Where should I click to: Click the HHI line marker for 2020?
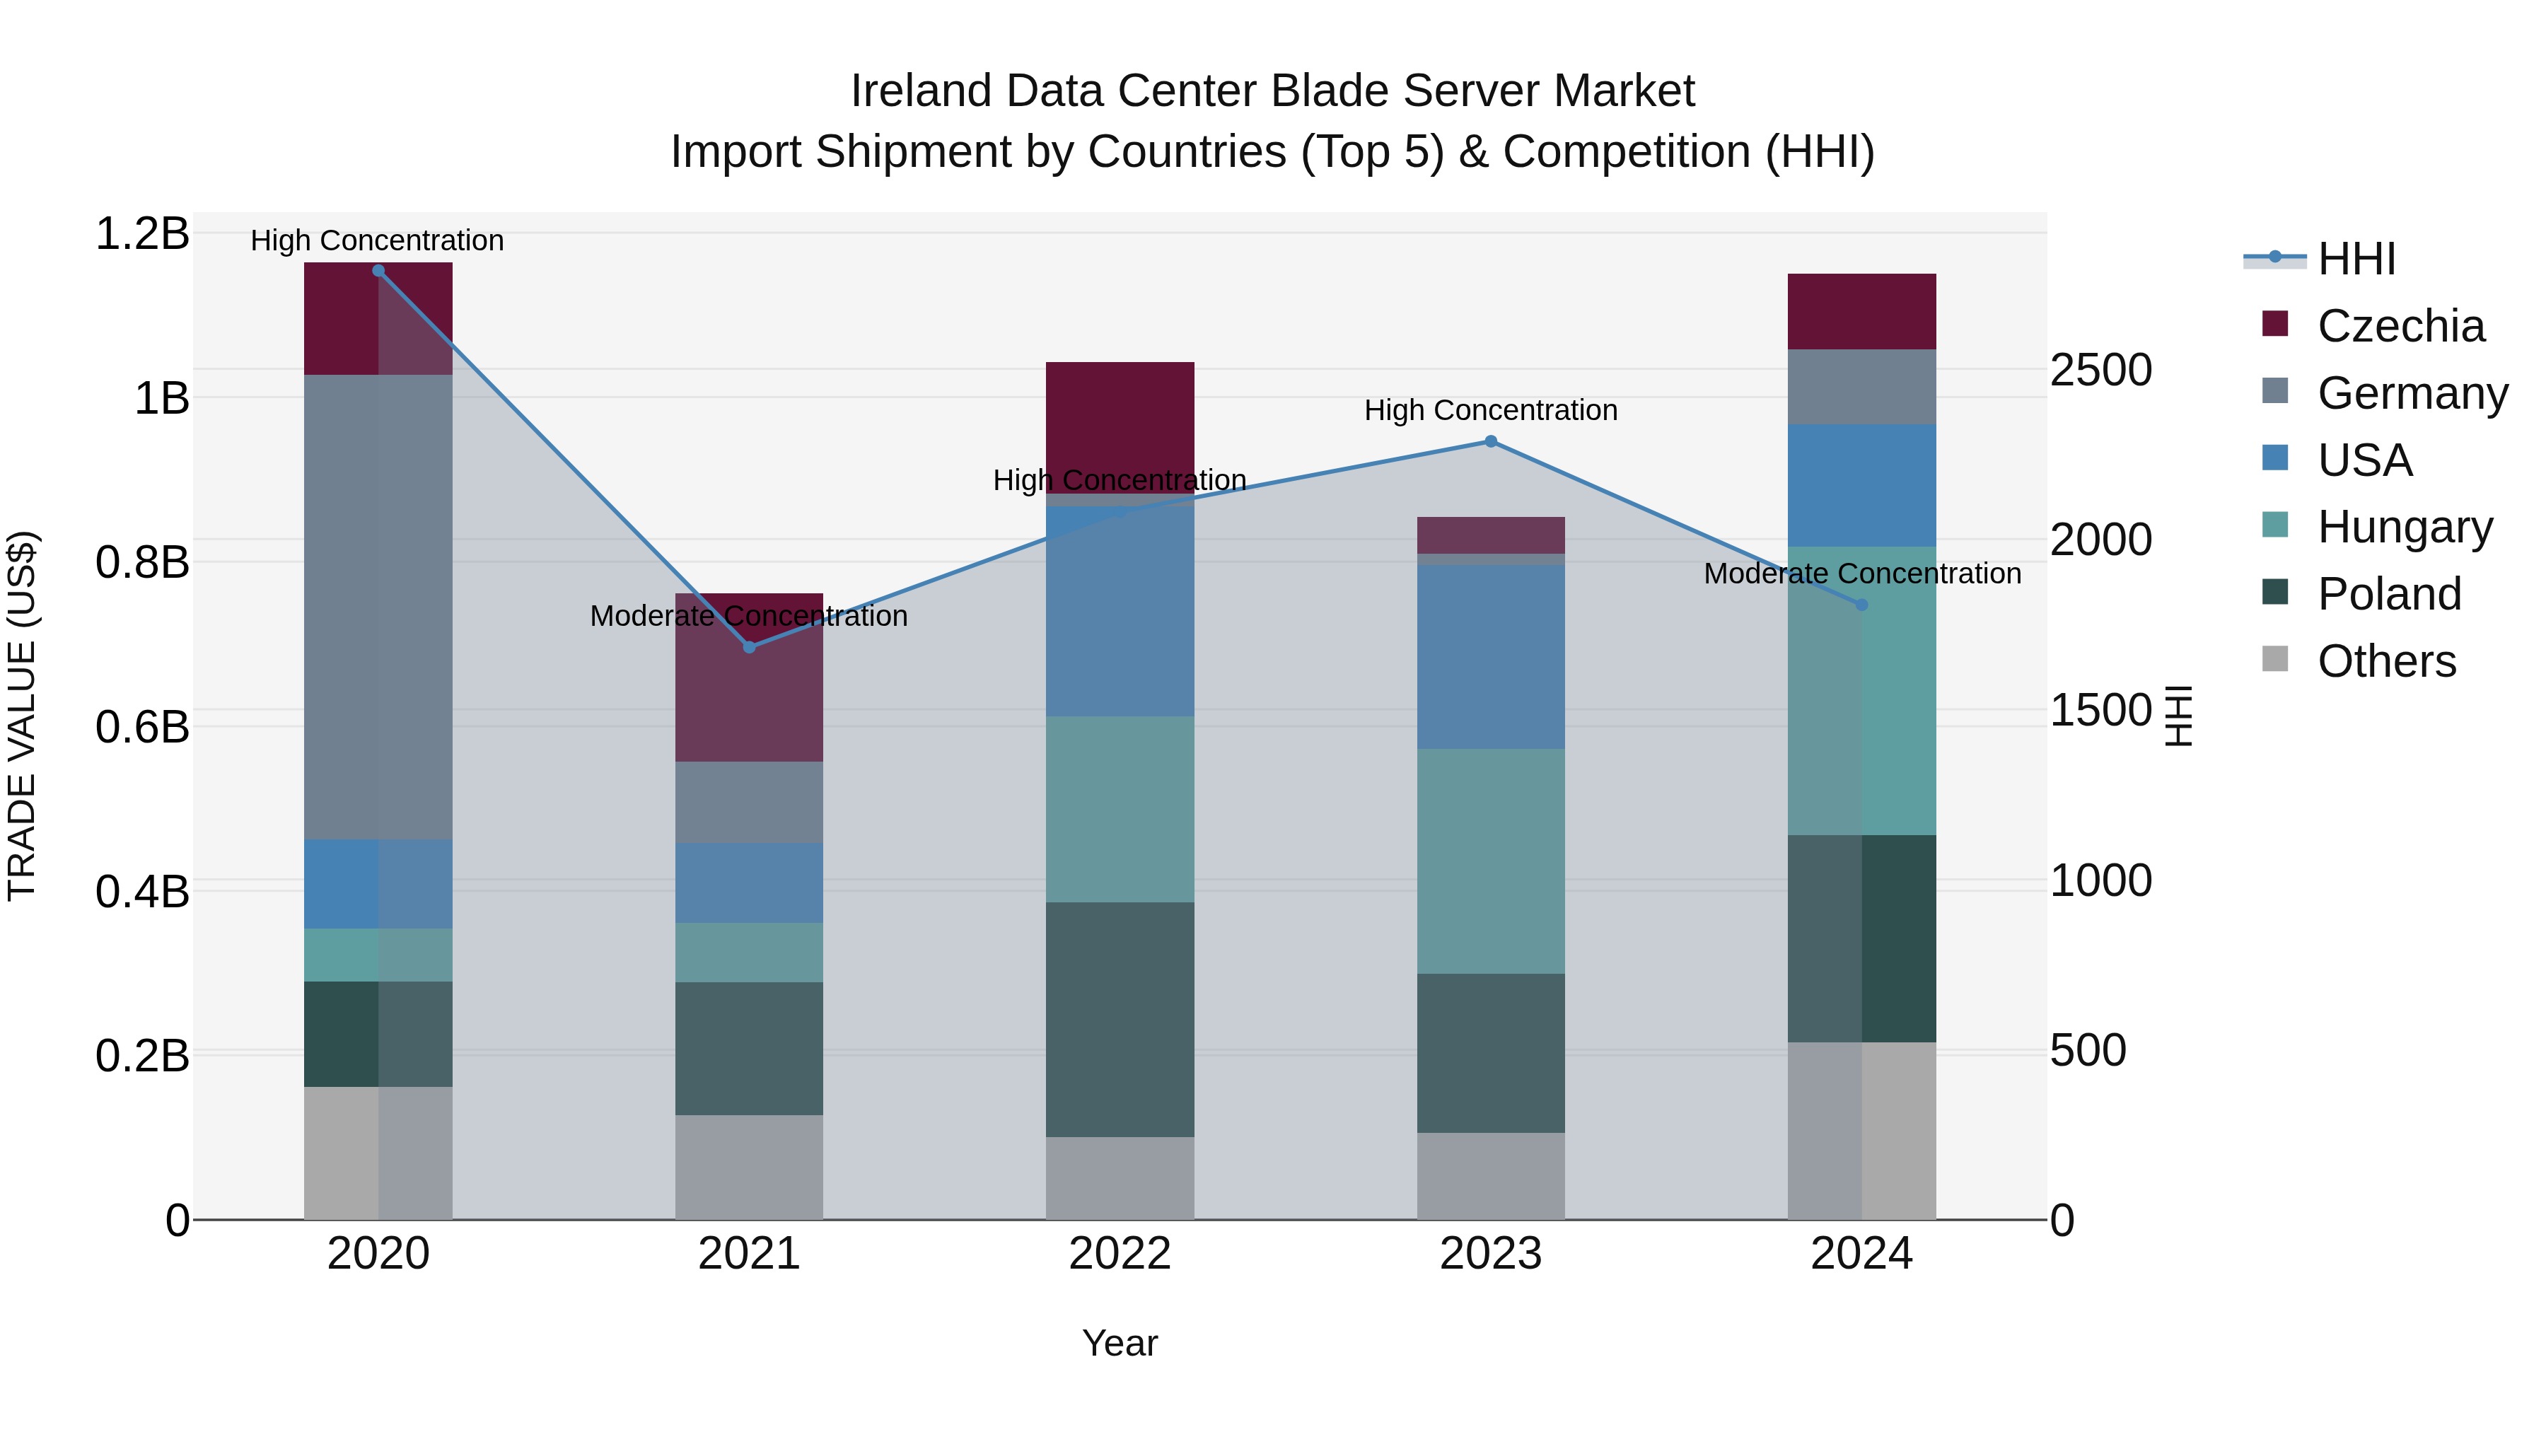[378, 271]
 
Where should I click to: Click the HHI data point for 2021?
[749, 647]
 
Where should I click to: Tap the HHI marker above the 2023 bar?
[1492, 442]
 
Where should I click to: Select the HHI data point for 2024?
[1862, 605]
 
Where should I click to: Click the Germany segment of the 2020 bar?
[378, 607]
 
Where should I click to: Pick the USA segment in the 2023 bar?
[1492, 656]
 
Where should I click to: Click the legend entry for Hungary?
[2404, 527]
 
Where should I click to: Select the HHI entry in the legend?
[2356, 259]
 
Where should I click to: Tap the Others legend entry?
[2386, 661]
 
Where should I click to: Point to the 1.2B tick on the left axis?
[142, 234]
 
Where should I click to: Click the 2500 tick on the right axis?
[2100, 371]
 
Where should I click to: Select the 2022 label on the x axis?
[1120, 1254]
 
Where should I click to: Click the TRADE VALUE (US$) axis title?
[22, 716]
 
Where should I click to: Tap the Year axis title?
[1120, 1343]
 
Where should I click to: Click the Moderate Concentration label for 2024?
[1862, 574]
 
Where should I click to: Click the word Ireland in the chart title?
[920, 91]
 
